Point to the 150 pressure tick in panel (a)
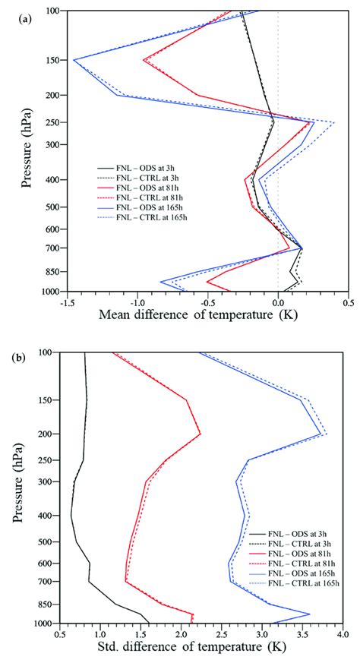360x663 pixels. coord(52,60)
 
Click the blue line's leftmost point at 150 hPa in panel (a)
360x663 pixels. coord(73,59)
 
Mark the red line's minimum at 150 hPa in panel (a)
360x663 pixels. coord(144,60)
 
